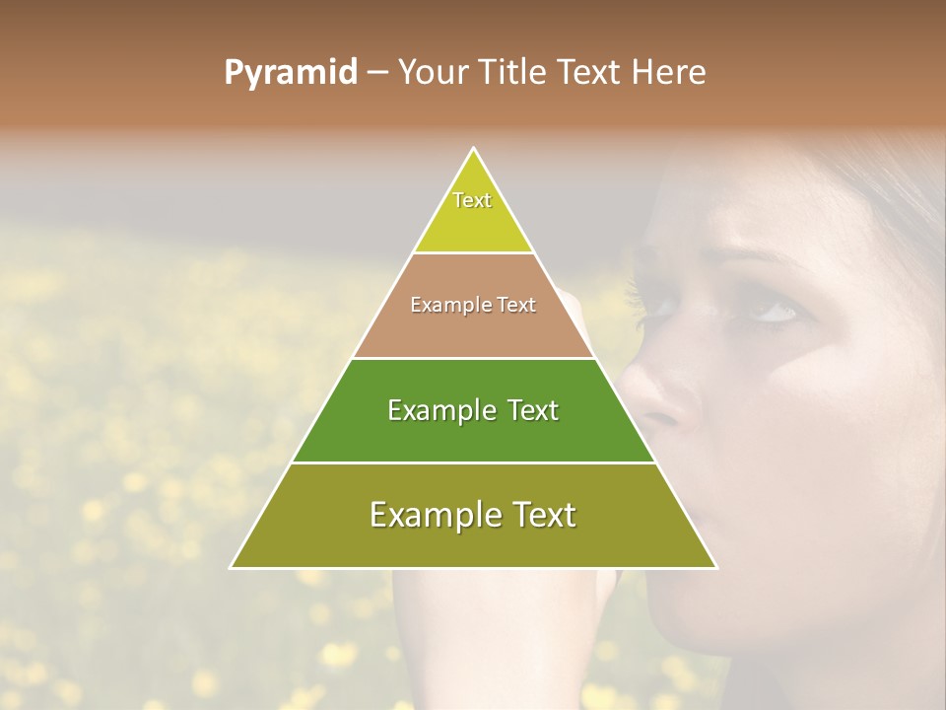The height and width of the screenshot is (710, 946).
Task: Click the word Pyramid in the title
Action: (290, 73)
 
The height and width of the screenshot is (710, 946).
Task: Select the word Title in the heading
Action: (514, 72)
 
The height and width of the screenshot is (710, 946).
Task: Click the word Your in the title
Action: (432, 72)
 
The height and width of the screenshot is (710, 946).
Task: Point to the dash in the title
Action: (377, 73)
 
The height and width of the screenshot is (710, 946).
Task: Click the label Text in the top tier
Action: (472, 200)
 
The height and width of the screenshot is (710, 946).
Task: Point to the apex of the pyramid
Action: (474, 149)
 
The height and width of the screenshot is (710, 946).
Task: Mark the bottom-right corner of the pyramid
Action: (715, 567)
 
